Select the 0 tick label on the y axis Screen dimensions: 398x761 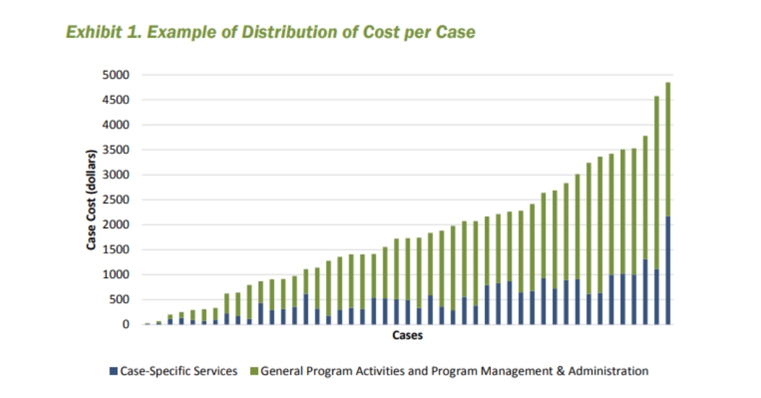pyautogui.click(x=126, y=324)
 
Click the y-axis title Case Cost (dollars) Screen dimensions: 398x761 pyautogui.click(x=91, y=200)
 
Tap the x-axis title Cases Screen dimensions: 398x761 pyautogui.click(x=407, y=336)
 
